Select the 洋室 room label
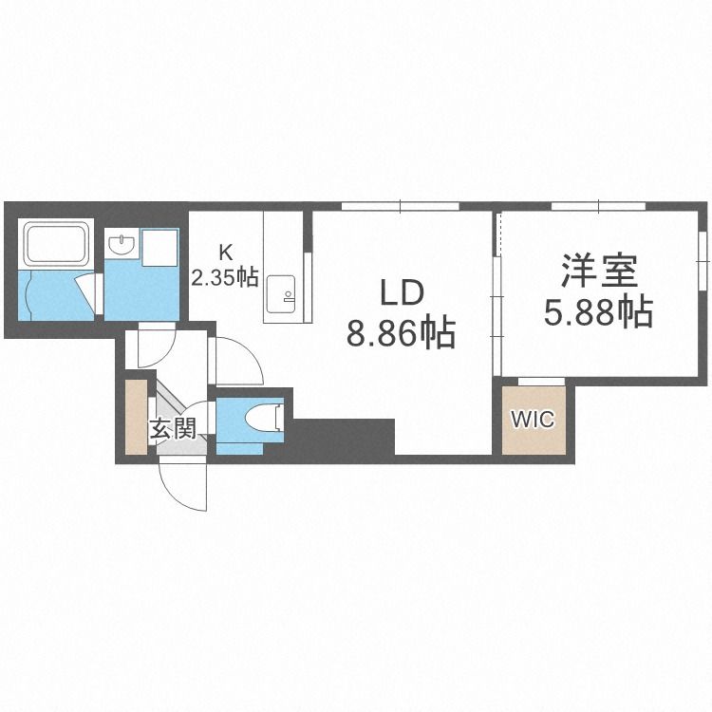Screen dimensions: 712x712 [x=597, y=271]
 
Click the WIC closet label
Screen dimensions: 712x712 [x=533, y=419]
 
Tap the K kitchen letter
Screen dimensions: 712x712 [x=225, y=253]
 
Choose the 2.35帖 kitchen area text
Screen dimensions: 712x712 [x=225, y=277]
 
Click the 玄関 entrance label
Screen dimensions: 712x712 [x=172, y=428]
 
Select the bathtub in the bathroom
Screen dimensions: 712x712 [x=56, y=244]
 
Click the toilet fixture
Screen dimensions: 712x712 [x=262, y=418]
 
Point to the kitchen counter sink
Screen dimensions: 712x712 [x=281, y=292]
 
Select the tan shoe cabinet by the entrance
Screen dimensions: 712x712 [x=137, y=416]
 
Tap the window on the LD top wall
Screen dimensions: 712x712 [x=401, y=206]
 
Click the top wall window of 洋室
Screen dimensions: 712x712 [x=598, y=206]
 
